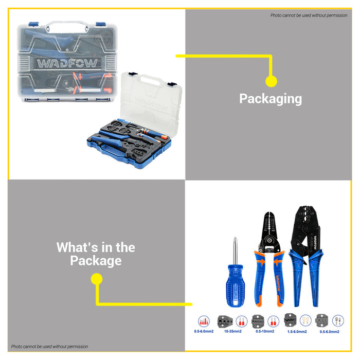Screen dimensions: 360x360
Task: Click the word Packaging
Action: pos(271,99)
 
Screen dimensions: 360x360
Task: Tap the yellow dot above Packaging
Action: pos(271,81)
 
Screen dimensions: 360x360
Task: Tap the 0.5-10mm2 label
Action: pos(265,331)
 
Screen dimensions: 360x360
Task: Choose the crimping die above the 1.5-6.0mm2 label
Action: pos(291,320)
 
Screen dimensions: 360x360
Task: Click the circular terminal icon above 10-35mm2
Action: pos(240,320)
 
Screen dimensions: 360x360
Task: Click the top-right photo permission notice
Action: pos(309,15)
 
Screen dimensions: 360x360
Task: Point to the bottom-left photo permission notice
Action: pos(49,347)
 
